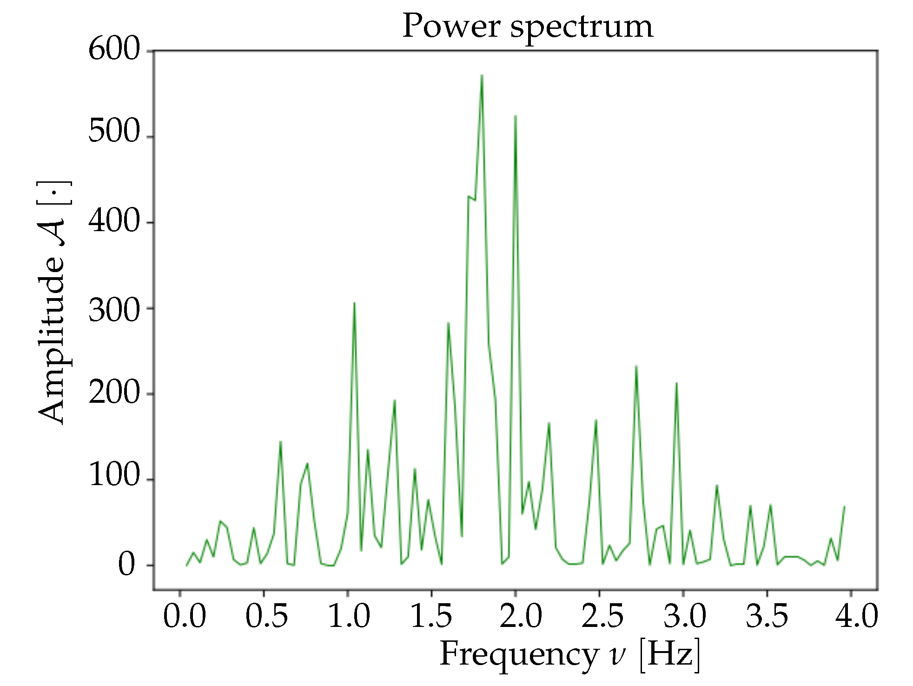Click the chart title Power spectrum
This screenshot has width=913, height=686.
527,27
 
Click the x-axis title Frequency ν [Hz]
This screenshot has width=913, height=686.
569,654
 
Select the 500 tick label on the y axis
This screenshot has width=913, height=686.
114,132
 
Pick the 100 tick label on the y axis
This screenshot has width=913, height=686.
114,475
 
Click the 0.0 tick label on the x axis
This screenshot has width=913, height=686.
184,617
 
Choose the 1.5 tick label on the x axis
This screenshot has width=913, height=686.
431,617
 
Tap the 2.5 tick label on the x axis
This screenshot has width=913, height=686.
602,617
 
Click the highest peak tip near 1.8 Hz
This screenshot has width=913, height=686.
482,75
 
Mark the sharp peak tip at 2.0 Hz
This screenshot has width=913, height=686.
516,115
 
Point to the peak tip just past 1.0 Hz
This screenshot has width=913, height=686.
354,303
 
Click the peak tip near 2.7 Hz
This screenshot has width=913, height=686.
636,366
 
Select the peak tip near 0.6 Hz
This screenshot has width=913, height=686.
280,441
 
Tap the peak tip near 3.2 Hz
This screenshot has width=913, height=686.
717,486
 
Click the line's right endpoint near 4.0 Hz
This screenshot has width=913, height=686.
844,506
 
